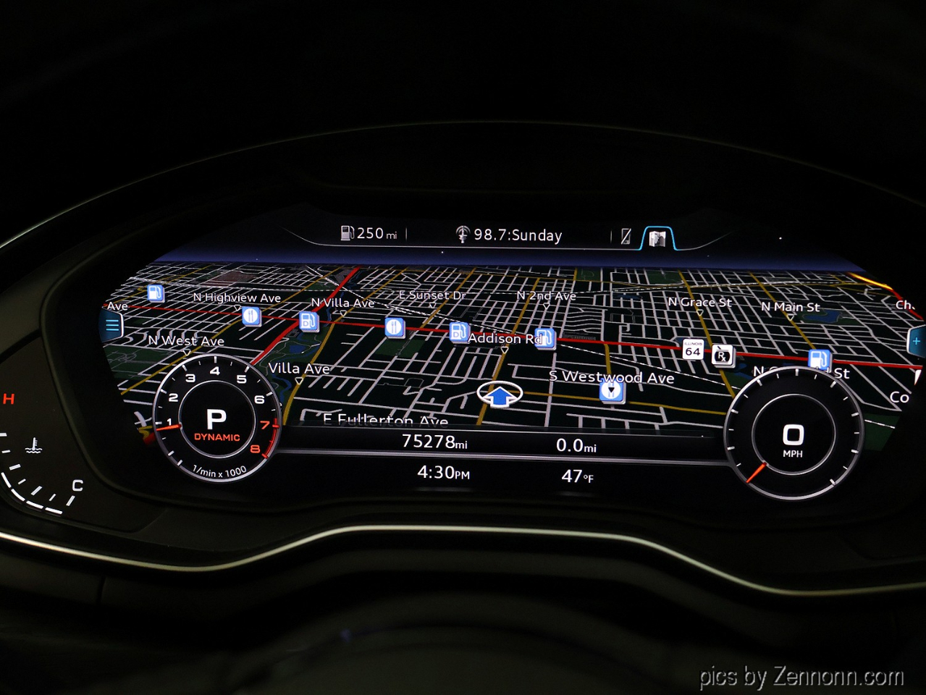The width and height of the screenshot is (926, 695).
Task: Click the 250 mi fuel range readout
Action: [x=370, y=233]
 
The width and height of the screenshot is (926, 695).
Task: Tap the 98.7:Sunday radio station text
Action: [x=517, y=235]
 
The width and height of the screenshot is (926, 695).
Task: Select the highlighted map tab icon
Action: [x=657, y=237]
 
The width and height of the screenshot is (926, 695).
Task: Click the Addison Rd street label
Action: [x=505, y=338]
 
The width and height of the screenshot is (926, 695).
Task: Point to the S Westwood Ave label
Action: [x=612, y=376]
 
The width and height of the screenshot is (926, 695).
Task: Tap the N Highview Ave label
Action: [x=237, y=298]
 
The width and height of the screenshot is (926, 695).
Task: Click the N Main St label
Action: [x=790, y=307]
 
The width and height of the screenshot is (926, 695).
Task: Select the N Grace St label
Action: [x=699, y=302]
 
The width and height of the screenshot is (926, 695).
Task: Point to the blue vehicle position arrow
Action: [x=500, y=395]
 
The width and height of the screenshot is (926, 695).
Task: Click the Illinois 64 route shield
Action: [x=692, y=349]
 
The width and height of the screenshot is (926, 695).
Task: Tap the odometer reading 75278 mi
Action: [x=434, y=441]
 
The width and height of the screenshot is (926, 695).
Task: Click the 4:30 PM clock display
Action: [x=443, y=473]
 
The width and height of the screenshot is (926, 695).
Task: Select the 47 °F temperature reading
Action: [x=577, y=476]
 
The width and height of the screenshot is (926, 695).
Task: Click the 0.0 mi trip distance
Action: [x=576, y=445]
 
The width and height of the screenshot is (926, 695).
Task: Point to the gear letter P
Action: [x=216, y=418]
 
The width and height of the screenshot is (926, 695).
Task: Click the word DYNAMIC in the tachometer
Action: [x=216, y=437]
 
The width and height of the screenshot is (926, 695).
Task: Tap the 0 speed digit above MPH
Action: [x=793, y=434]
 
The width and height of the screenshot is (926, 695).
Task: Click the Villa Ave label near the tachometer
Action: [x=299, y=368]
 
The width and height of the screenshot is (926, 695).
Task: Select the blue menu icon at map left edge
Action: [x=112, y=326]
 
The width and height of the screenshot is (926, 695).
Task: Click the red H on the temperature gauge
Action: [x=9, y=398]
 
